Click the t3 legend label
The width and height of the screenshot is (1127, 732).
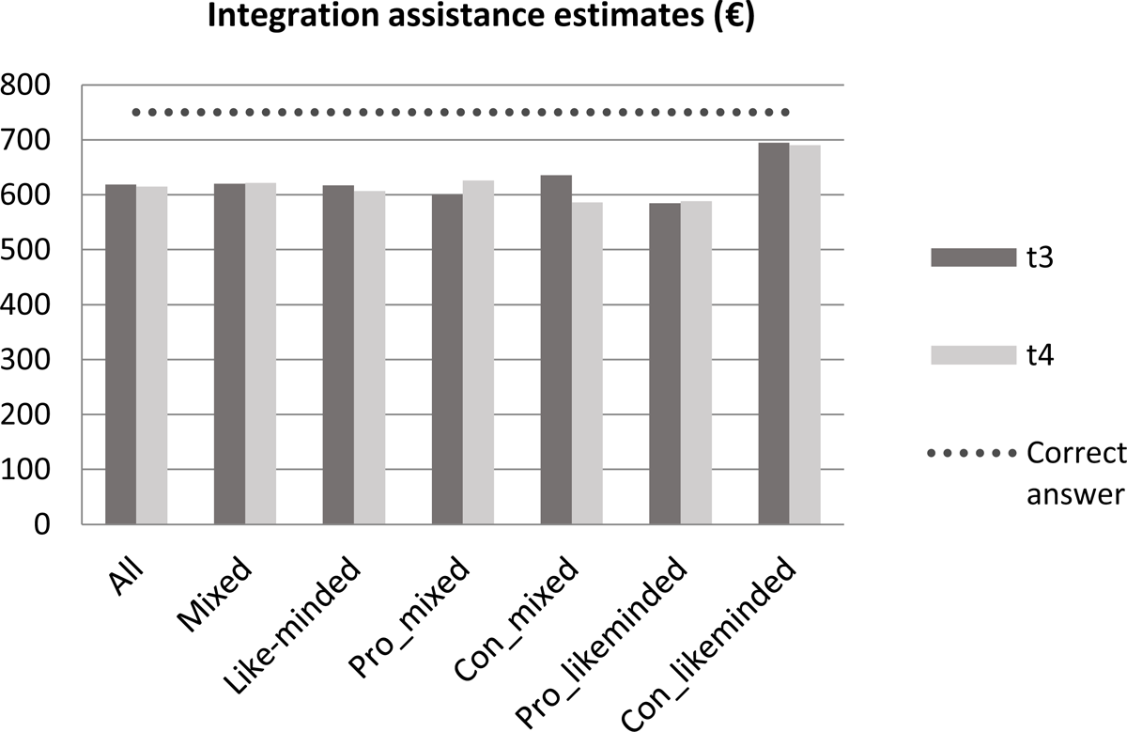(1039, 257)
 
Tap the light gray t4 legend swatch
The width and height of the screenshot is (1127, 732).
(974, 354)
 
